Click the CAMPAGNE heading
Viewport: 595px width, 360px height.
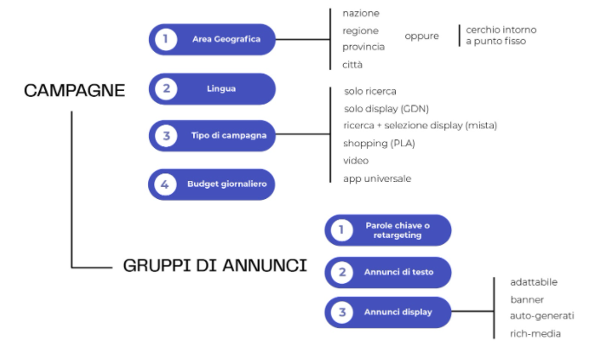[x=74, y=90]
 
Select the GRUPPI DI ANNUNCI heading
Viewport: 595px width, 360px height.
[x=215, y=266]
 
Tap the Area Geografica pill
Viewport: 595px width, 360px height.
[x=213, y=39]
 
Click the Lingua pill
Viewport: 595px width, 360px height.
[x=213, y=88]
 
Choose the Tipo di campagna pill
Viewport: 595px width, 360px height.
[x=213, y=136]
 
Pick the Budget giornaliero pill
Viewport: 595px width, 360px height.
[x=213, y=183]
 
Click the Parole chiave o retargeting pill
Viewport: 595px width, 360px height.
[x=388, y=229]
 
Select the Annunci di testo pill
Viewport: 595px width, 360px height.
[x=388, y=273]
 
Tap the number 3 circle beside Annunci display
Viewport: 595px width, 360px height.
[x=343, y=312]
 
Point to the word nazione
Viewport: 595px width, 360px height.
[x=360, y=13]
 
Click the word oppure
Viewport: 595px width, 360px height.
[x=422, y=35]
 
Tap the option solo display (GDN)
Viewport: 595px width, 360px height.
[x=386, y=108]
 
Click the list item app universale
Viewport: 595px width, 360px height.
[x=377, y=178]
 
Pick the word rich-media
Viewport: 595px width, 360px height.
[x=535, y=333]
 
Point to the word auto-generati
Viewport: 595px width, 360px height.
[x=541, y=316]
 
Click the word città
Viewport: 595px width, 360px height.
[x=352, y=65]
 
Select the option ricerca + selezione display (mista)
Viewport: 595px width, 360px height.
[x=420, y=125]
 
